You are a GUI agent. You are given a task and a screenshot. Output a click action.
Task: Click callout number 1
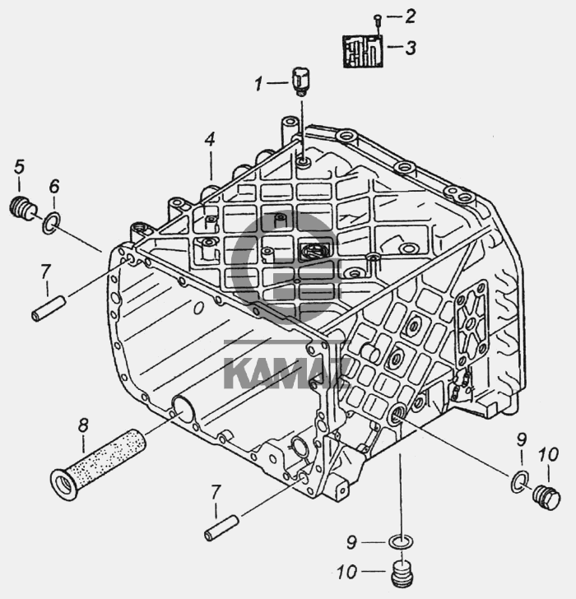pos(259,84)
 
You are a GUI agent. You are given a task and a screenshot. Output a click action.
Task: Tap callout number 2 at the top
pos(410,16)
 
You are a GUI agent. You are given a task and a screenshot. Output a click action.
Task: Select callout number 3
pos(411,48)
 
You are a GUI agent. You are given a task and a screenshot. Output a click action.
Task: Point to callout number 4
pos(210,139)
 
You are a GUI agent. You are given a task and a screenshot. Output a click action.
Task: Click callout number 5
pos(19,167)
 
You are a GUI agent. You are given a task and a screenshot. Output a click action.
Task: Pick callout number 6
pos(54,187)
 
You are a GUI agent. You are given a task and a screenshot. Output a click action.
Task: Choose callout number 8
pos(83,425)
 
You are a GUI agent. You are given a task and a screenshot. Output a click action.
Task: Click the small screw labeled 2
pos(378,20)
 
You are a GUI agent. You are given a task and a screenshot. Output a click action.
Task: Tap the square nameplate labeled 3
pos(363,52)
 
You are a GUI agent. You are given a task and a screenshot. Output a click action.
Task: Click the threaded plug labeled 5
pos(22,208)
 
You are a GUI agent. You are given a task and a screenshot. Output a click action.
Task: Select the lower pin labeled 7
pos(222,528)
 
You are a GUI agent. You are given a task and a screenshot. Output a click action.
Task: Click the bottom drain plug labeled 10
pos(402,573)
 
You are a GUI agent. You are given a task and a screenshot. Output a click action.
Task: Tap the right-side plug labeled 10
pos(546,497)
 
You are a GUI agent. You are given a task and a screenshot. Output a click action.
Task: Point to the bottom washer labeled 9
pos(401,541)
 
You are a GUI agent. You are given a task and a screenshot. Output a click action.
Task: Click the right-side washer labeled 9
pos(519,481)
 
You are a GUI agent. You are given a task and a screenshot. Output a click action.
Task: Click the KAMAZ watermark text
pos(286,373)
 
